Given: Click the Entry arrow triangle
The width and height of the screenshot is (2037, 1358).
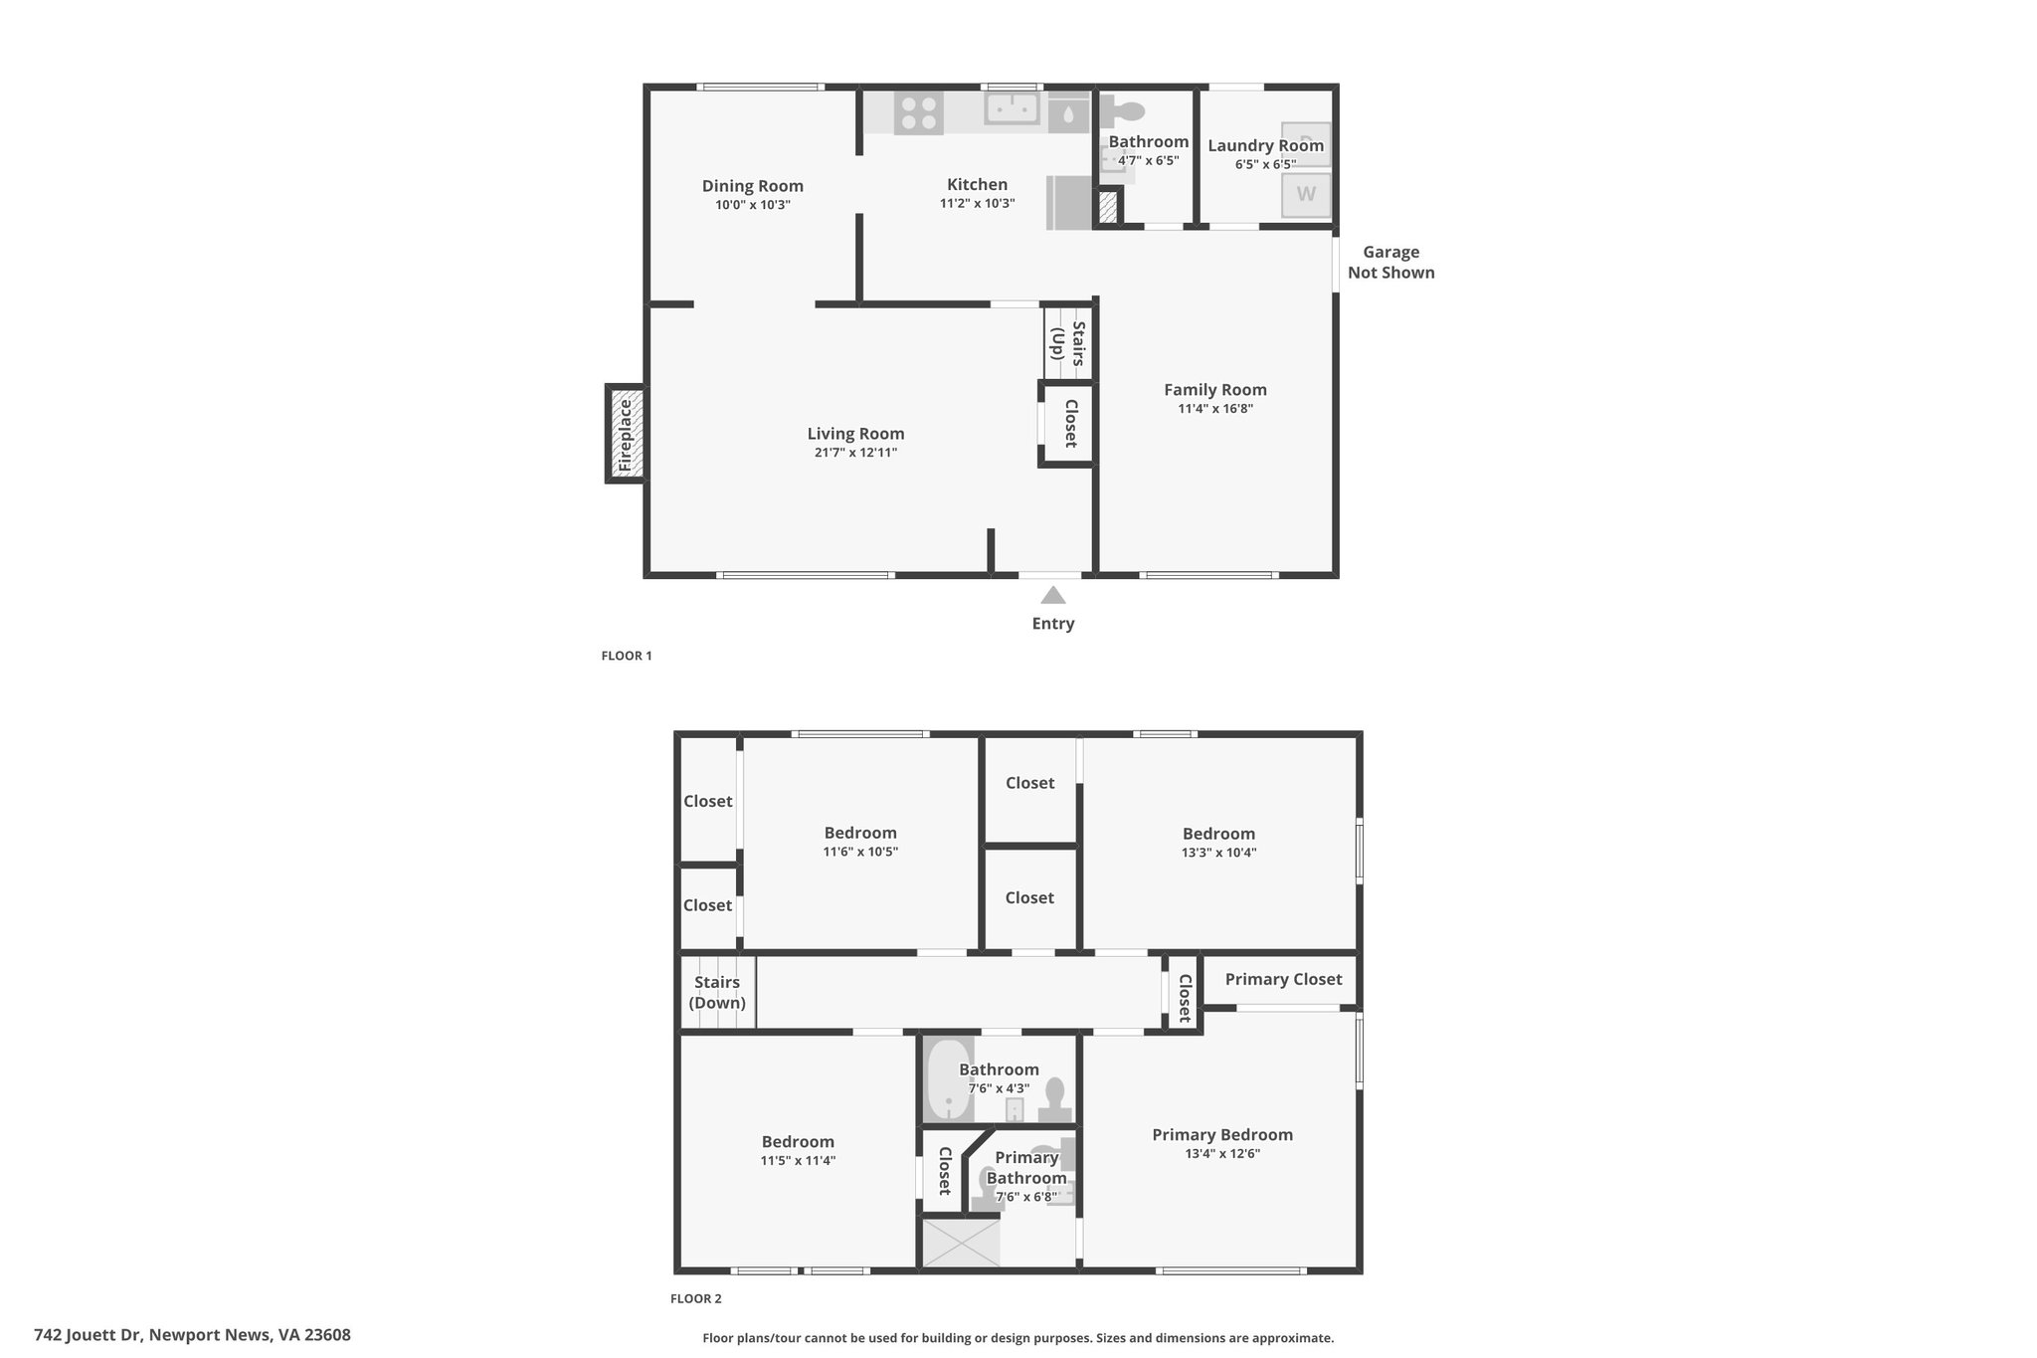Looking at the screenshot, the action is pyautogui.click(x=1053, y=595).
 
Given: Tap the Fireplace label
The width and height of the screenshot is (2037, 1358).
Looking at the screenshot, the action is pyautogui.click(x=625, y=435).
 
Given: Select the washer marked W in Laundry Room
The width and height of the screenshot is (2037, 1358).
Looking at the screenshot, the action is pyautogui.click(x=1306, y=194).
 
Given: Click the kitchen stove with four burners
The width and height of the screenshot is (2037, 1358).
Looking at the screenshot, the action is pyautogui.click(x=918, y=112).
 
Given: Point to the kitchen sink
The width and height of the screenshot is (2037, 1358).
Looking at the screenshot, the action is pyautogui.click(x=1013, y=108).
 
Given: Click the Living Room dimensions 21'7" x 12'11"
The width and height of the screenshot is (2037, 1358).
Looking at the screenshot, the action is pyautogui.click(x=855, y=453).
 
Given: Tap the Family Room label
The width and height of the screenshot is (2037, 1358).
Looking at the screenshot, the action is pyautogui.click(x=1215, y=389).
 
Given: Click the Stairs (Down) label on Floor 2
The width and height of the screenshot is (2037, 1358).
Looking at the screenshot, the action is pyautogui.click(x=717, y=992).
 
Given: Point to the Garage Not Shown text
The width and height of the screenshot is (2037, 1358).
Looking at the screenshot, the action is pyautogui.click(x=1391, y=263).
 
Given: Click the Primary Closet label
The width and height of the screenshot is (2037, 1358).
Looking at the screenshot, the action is pyautogui.click(x=1283, y=979).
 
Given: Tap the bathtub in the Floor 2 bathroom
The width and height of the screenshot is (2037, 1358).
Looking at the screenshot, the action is pyautogui.click(x=949, y=1079).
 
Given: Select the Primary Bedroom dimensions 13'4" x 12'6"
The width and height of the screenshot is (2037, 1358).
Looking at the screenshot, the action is pyautogui.click(x=1222, y=1154).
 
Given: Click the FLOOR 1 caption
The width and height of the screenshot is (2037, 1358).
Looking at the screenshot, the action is pyautogui.click(x=627, y=656).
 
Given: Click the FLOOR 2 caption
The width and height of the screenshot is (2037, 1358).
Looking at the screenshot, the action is pyautogui.click(x=696, y=1298).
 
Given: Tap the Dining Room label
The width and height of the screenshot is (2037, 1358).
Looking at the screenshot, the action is pyautogui.click(x=753, y=185).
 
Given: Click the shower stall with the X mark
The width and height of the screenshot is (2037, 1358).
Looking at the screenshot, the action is pyautogui.click(x=961, y=1244).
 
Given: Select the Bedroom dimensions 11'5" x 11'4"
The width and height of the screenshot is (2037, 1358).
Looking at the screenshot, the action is pyautogui.click(x=798, y=1160).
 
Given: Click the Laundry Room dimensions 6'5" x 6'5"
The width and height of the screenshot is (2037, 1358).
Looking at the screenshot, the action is pyautogui.click(x=1266, y=164).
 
